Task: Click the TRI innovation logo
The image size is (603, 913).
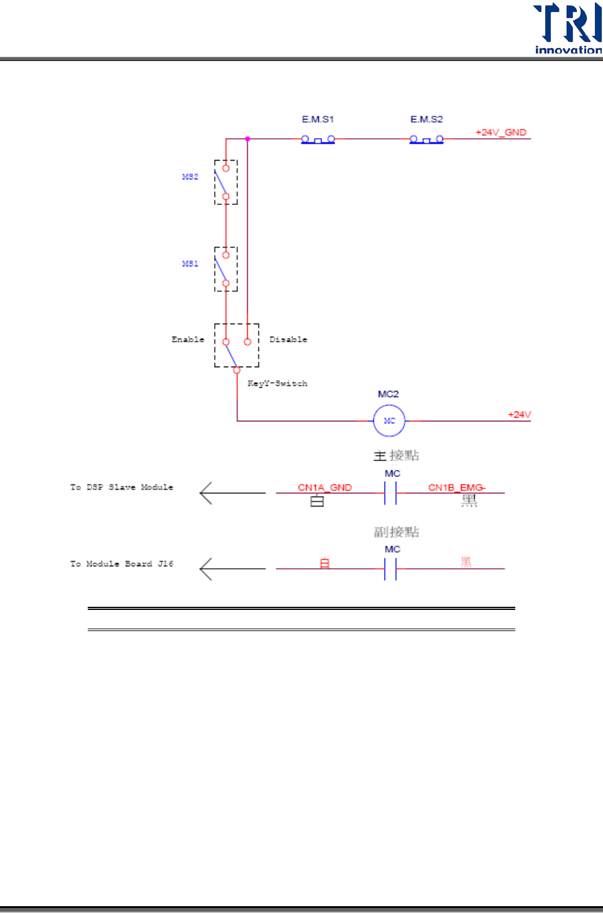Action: pyautogui.click(x=568, y=28)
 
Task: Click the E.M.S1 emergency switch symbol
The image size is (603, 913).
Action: pyautogui.click(x=318, y=139)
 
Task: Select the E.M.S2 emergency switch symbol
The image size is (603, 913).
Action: pyautogui.click(x=426, y=139)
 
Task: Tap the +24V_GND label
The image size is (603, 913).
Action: pyautogui.click(x=501, y=132)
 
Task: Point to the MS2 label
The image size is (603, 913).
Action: pyautogui.click(x=190, y=177)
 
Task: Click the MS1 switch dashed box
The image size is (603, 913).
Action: pyautogui.click(x=226, y=269)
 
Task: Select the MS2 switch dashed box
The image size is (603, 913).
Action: pyautogui.click(x=226, y=182)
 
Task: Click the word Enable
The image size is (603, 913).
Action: pyautogui.click(x=188, y=339)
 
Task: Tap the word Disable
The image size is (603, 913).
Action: pyautogui.click(x=288, y=339)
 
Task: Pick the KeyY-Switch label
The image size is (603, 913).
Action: pyautogui.click(x=278, y=383)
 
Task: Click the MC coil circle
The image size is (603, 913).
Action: pyautogui.click(x=389, y=421)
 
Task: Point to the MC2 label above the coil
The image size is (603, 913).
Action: pyautogui.click(x=388, y=394)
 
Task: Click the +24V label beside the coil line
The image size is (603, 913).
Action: pyautogui.click(x=519, y=414)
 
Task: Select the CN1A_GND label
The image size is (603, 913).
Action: pyautogui.click(x=325, y=487)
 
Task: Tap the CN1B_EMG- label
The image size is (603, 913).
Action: pyautogui.click(x=457, y=487)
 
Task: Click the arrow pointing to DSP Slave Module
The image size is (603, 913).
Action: pyautogui.click(x=232, y=493)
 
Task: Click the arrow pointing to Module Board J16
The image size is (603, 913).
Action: pyautogui.click(x=232, y=569)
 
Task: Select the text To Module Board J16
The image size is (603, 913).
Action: pyautogui.click(x=121, y=564)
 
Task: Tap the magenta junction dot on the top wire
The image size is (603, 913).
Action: pyautogui.click(x=248, y=139)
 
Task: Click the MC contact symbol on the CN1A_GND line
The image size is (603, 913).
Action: pyautogui.click(x=390, y=493)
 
